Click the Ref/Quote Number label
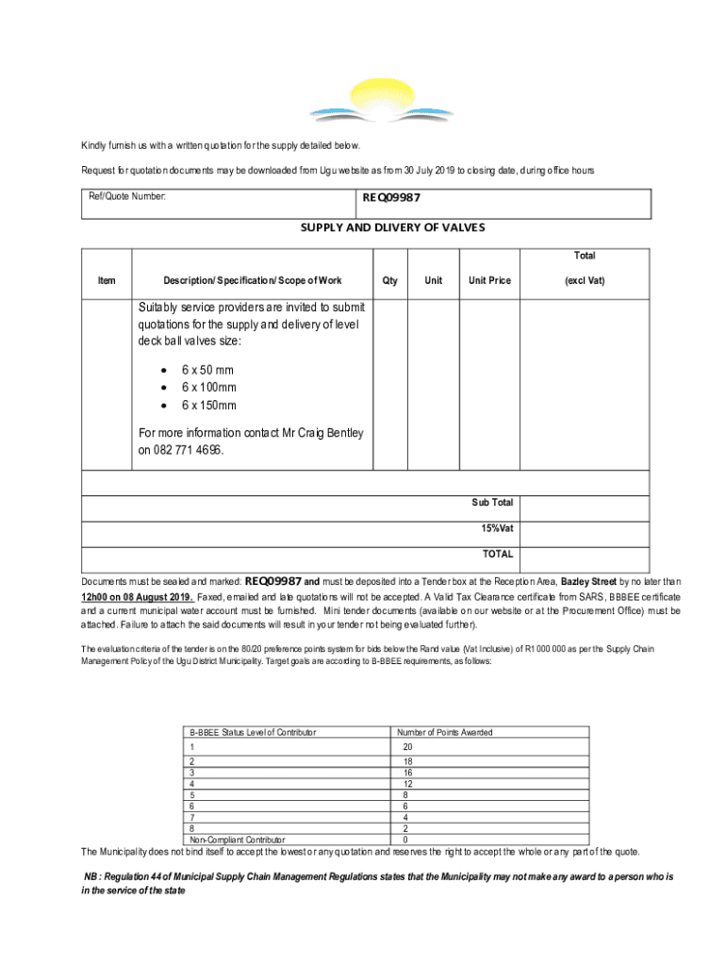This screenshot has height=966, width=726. pyautogui.click(x=127, y=197)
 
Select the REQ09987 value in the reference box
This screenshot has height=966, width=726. pyautogui.click(x=391, y=199)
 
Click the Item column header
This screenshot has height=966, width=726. pyautogui.click(x=107, y=280)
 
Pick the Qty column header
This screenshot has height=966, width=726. pyautogui.click(x=389, y=280)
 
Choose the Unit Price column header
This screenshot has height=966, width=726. pyautogui.click(x=489, y=280)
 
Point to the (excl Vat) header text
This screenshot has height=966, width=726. pyautogui.click(x=585, y=280)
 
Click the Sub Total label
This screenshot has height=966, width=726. pyautogui.click(x=492, y=503)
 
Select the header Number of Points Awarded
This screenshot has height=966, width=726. pyautogui.click(x=445, y=732)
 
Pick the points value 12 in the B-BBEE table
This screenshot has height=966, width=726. pyautogui.click(x=406, y=784)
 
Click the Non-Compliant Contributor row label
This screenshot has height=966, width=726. pyautogui.click(x=238, y=840)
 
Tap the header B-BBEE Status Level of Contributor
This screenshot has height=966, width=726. pyautogui.click(x=253, y=732)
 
